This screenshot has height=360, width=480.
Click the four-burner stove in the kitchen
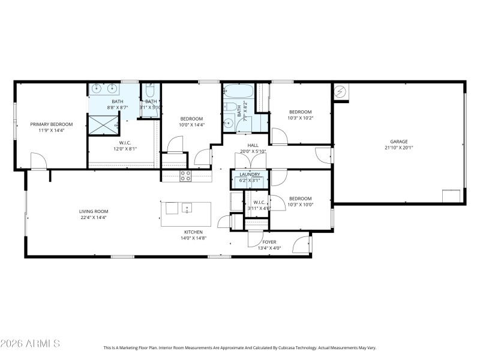pyautogui.click(x=185, y=175)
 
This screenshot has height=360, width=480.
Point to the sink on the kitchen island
pyautogui.click(x=187, y=209)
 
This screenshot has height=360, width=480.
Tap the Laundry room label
pyautogui.click(x=250, y=174)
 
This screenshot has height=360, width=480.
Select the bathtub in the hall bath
pyautogui.click(x=239, y=92)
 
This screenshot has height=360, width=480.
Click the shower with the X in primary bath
pyautogui.click(x=103, y=124)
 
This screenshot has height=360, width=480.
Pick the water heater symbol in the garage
pyautogui.click(x=341, y=91)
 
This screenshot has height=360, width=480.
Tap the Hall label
pyautogui.click(x=253, y=145)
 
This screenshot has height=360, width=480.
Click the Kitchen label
pyautogui.click(x=193, y=232)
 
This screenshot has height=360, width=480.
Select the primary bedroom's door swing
pyautogui.click(x=38, y=160)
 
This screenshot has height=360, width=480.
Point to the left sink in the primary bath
pyautogui.click(x=98, y=89)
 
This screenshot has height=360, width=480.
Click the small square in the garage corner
pyautogui.click(x=451, y=196)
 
